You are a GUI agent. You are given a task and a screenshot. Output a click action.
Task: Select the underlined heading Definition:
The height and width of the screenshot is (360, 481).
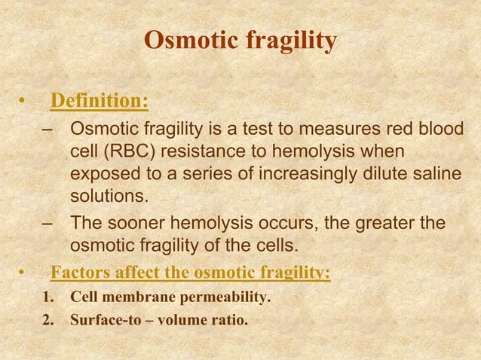(x=98, y=101)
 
